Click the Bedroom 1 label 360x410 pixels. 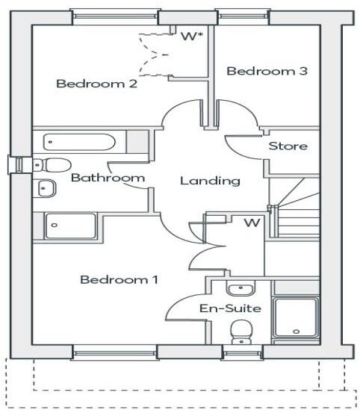click(119, 280)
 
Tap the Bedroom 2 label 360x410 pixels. click(96, 84)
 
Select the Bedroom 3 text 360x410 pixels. click(267, 72)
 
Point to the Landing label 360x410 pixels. click(210, 180)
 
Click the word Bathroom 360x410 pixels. click(107, 178)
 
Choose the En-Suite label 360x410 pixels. click(229, 308)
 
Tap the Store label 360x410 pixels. click(288, 146)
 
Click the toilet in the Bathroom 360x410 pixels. click(52, 164)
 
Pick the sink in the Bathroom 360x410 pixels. click(46, 188)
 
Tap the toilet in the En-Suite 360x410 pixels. click(240, 329)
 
